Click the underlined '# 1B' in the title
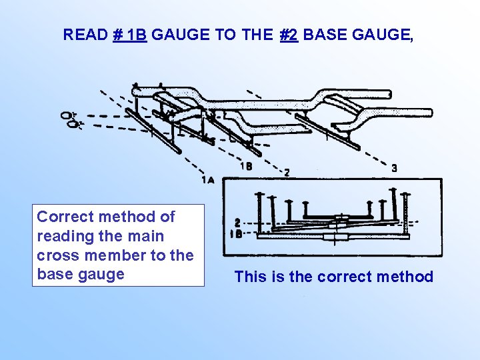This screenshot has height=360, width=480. [130, 35]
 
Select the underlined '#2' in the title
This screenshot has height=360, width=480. [289, 35]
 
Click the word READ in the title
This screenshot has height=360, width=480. [85, 35]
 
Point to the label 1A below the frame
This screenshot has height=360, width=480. [207, 179]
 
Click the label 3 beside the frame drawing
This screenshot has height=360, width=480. [395, 169]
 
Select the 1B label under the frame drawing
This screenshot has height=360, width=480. [246, 166]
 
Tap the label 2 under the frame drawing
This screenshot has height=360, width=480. [287, 172]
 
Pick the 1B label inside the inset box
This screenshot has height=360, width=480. [236, 234]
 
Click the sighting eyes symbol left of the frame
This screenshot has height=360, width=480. [69, 119]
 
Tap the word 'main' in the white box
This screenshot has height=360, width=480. [146, 236]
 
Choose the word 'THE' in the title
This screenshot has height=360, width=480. [257, 35]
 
